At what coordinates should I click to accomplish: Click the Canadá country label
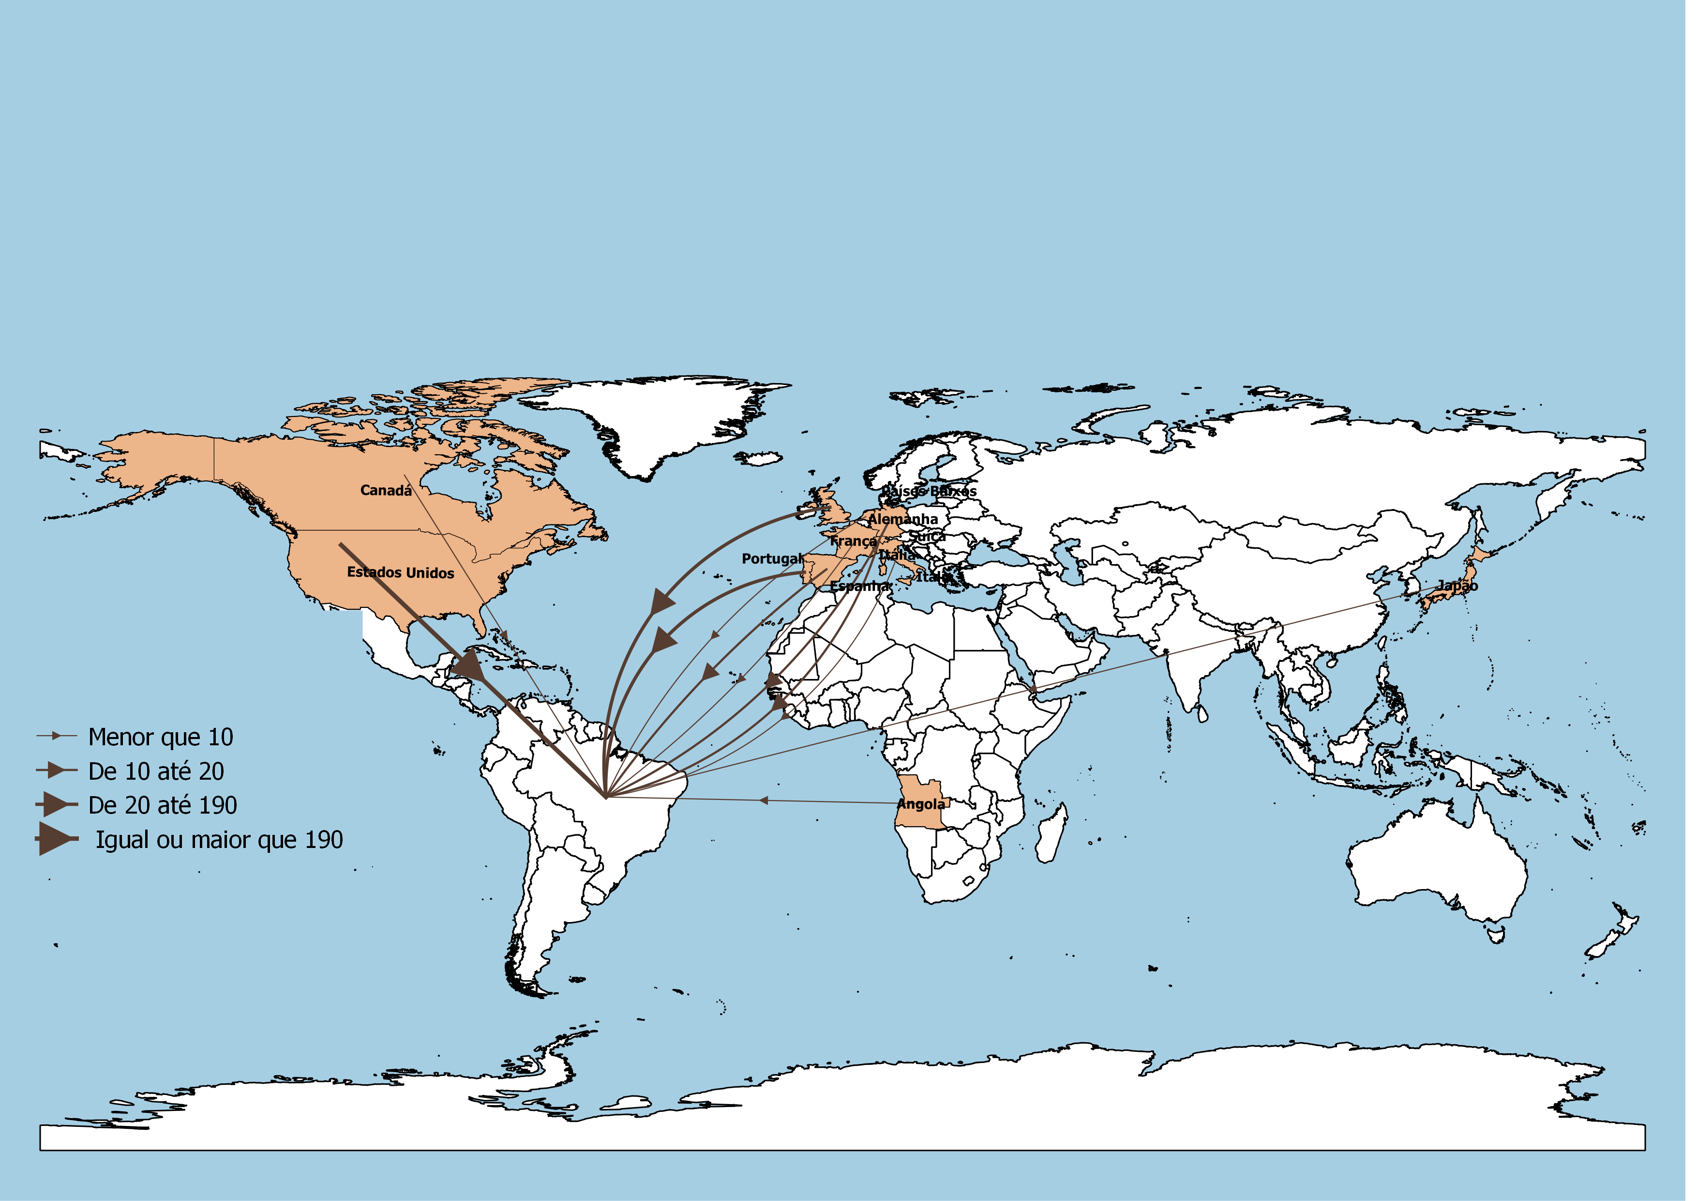[386, 490]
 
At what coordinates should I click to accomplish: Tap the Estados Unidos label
[401, 572]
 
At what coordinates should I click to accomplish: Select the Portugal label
[772, 558]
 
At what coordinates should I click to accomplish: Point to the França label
[853, 541]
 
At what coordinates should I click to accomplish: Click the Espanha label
[859, 585]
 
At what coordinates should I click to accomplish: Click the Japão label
[1457, 585]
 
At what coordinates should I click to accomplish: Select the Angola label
[920, 804]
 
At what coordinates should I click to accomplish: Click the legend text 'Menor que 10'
[160, 738]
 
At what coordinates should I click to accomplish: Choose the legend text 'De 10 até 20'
[156, 771]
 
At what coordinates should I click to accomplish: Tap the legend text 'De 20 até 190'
[163, 805]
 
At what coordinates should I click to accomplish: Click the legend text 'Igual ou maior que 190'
[219, 840]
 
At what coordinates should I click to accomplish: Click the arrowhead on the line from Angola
[764, 800]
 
